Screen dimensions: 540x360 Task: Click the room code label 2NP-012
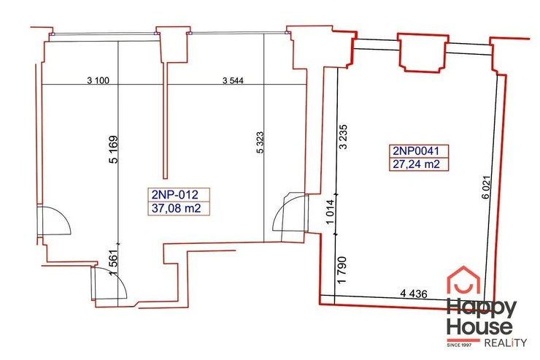point(175,195)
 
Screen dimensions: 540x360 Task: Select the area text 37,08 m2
point(177,208)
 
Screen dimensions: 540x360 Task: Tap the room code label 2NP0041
point(416,151)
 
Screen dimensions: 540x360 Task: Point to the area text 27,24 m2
point(417,164)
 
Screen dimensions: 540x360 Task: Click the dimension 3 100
point(99,80)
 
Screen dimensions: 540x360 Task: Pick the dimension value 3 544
point(234,80)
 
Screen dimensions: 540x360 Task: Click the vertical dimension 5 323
point(261,142)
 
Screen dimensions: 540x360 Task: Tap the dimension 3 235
point(344,137)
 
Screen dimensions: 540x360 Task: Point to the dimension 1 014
point(330,212)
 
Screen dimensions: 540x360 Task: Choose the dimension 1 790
point(342,270)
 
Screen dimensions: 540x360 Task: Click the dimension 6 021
point(485,188)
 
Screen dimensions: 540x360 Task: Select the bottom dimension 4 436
point(414,294)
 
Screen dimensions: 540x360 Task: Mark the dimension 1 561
point(113,262)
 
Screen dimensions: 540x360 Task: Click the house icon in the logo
point(463,280)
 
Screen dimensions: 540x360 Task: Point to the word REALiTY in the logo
point(506,342)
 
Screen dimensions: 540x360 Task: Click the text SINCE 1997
point(459,345)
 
